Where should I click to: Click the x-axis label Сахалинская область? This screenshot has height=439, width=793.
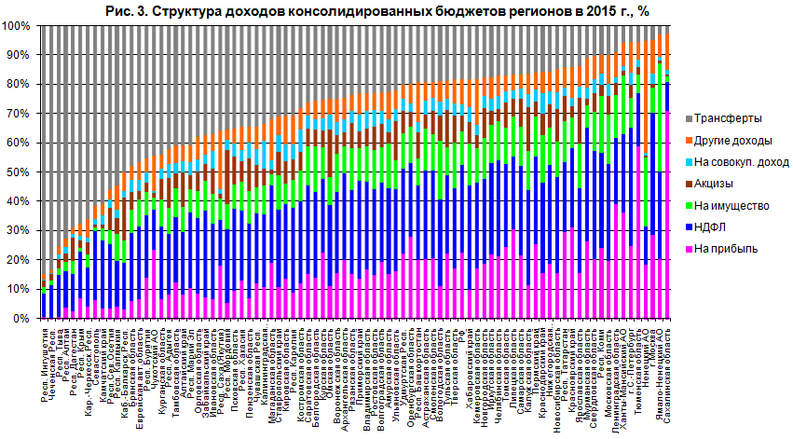tap(666, 368)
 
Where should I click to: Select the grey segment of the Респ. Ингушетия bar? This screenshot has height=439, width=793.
tap(45, 149)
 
